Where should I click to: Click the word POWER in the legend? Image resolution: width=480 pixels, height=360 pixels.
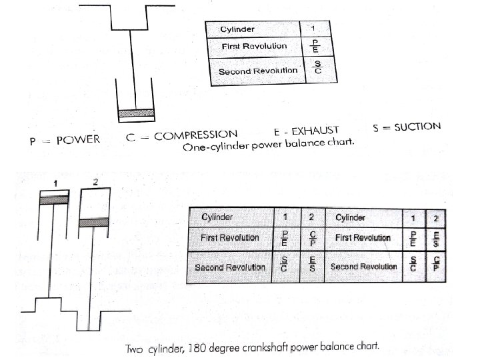pos(78,139)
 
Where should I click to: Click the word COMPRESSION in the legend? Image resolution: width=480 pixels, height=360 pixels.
pos(196,135)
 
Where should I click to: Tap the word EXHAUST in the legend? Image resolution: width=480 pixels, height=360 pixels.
pos(315,130)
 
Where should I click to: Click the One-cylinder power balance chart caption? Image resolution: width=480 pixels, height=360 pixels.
pos(269,145)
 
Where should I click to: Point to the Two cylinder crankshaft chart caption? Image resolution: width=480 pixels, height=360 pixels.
pos(253,347)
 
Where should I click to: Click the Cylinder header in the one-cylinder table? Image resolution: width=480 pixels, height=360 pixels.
pos(238,29)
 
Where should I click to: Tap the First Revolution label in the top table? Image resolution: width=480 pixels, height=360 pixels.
pos(254,46)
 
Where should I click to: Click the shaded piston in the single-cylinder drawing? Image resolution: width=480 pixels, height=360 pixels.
pos(135,113)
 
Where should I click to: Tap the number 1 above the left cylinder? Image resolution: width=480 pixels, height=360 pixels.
pos(57,183)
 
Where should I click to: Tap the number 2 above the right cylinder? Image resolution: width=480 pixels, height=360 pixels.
pos(97,181)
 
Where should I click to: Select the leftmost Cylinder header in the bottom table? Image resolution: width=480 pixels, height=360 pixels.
pos(218,217)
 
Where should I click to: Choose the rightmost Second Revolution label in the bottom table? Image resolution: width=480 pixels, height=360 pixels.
pos(363,267)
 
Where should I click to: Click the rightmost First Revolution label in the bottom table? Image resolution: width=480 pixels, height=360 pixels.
pos(363,237)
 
